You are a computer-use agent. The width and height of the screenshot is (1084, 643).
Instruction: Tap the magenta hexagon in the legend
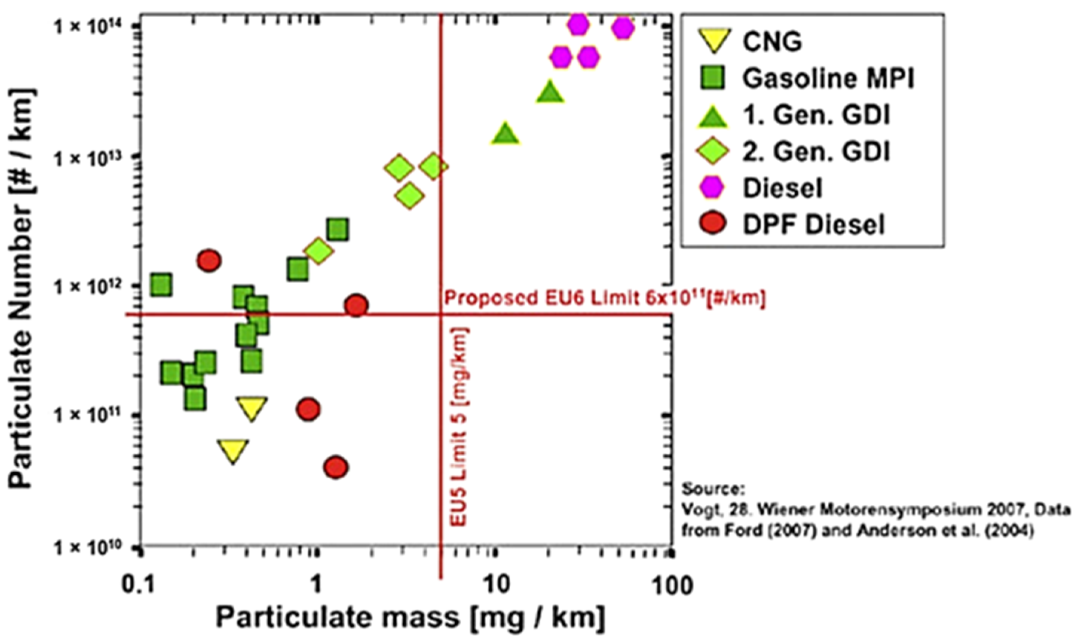pos(712,188)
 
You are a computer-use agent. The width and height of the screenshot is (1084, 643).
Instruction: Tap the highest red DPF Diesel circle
pos(209,261)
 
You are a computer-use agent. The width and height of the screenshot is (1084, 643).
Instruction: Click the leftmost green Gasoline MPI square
pos(161,285)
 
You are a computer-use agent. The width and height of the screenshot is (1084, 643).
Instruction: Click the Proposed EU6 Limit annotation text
pos(605,299)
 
